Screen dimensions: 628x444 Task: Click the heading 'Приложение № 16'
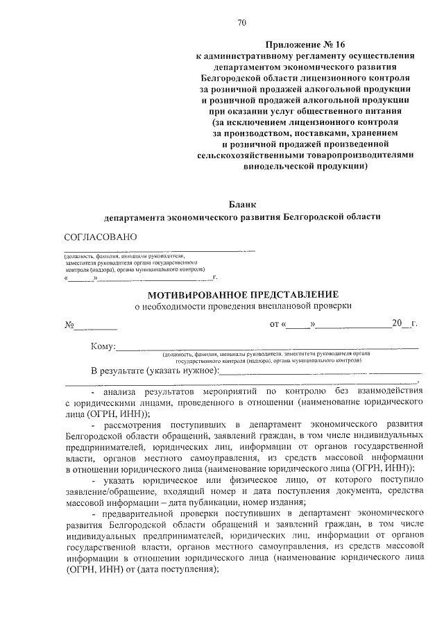(305, 43)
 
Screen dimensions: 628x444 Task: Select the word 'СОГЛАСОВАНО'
(101, 237)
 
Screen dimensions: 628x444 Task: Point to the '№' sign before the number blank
(69, 325)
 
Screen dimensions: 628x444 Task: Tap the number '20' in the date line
(398, 324)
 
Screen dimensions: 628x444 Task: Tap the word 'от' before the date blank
(274, 324)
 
